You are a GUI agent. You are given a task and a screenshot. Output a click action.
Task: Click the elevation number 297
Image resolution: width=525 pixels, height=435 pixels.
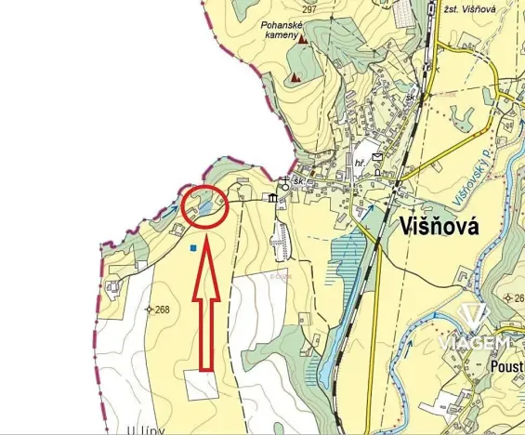tap(309, 8)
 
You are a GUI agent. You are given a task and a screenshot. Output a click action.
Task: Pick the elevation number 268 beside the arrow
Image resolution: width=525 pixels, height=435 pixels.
tap(162, 310)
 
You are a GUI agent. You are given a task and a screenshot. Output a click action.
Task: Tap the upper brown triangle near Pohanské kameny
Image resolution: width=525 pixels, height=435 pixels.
tap(301, 39)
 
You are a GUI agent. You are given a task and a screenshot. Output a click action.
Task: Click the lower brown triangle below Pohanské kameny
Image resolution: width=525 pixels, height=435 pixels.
tap(295, 78)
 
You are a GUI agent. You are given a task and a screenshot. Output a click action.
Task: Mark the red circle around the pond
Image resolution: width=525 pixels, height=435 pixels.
tap(205, 206)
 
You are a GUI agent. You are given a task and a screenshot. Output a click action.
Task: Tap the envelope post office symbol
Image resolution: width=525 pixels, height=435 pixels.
tap(376, 157)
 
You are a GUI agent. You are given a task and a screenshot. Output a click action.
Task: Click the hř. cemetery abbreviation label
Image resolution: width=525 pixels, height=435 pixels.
tap(359, 163)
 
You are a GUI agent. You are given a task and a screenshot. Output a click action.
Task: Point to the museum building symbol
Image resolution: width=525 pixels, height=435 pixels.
tap(272, 198)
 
